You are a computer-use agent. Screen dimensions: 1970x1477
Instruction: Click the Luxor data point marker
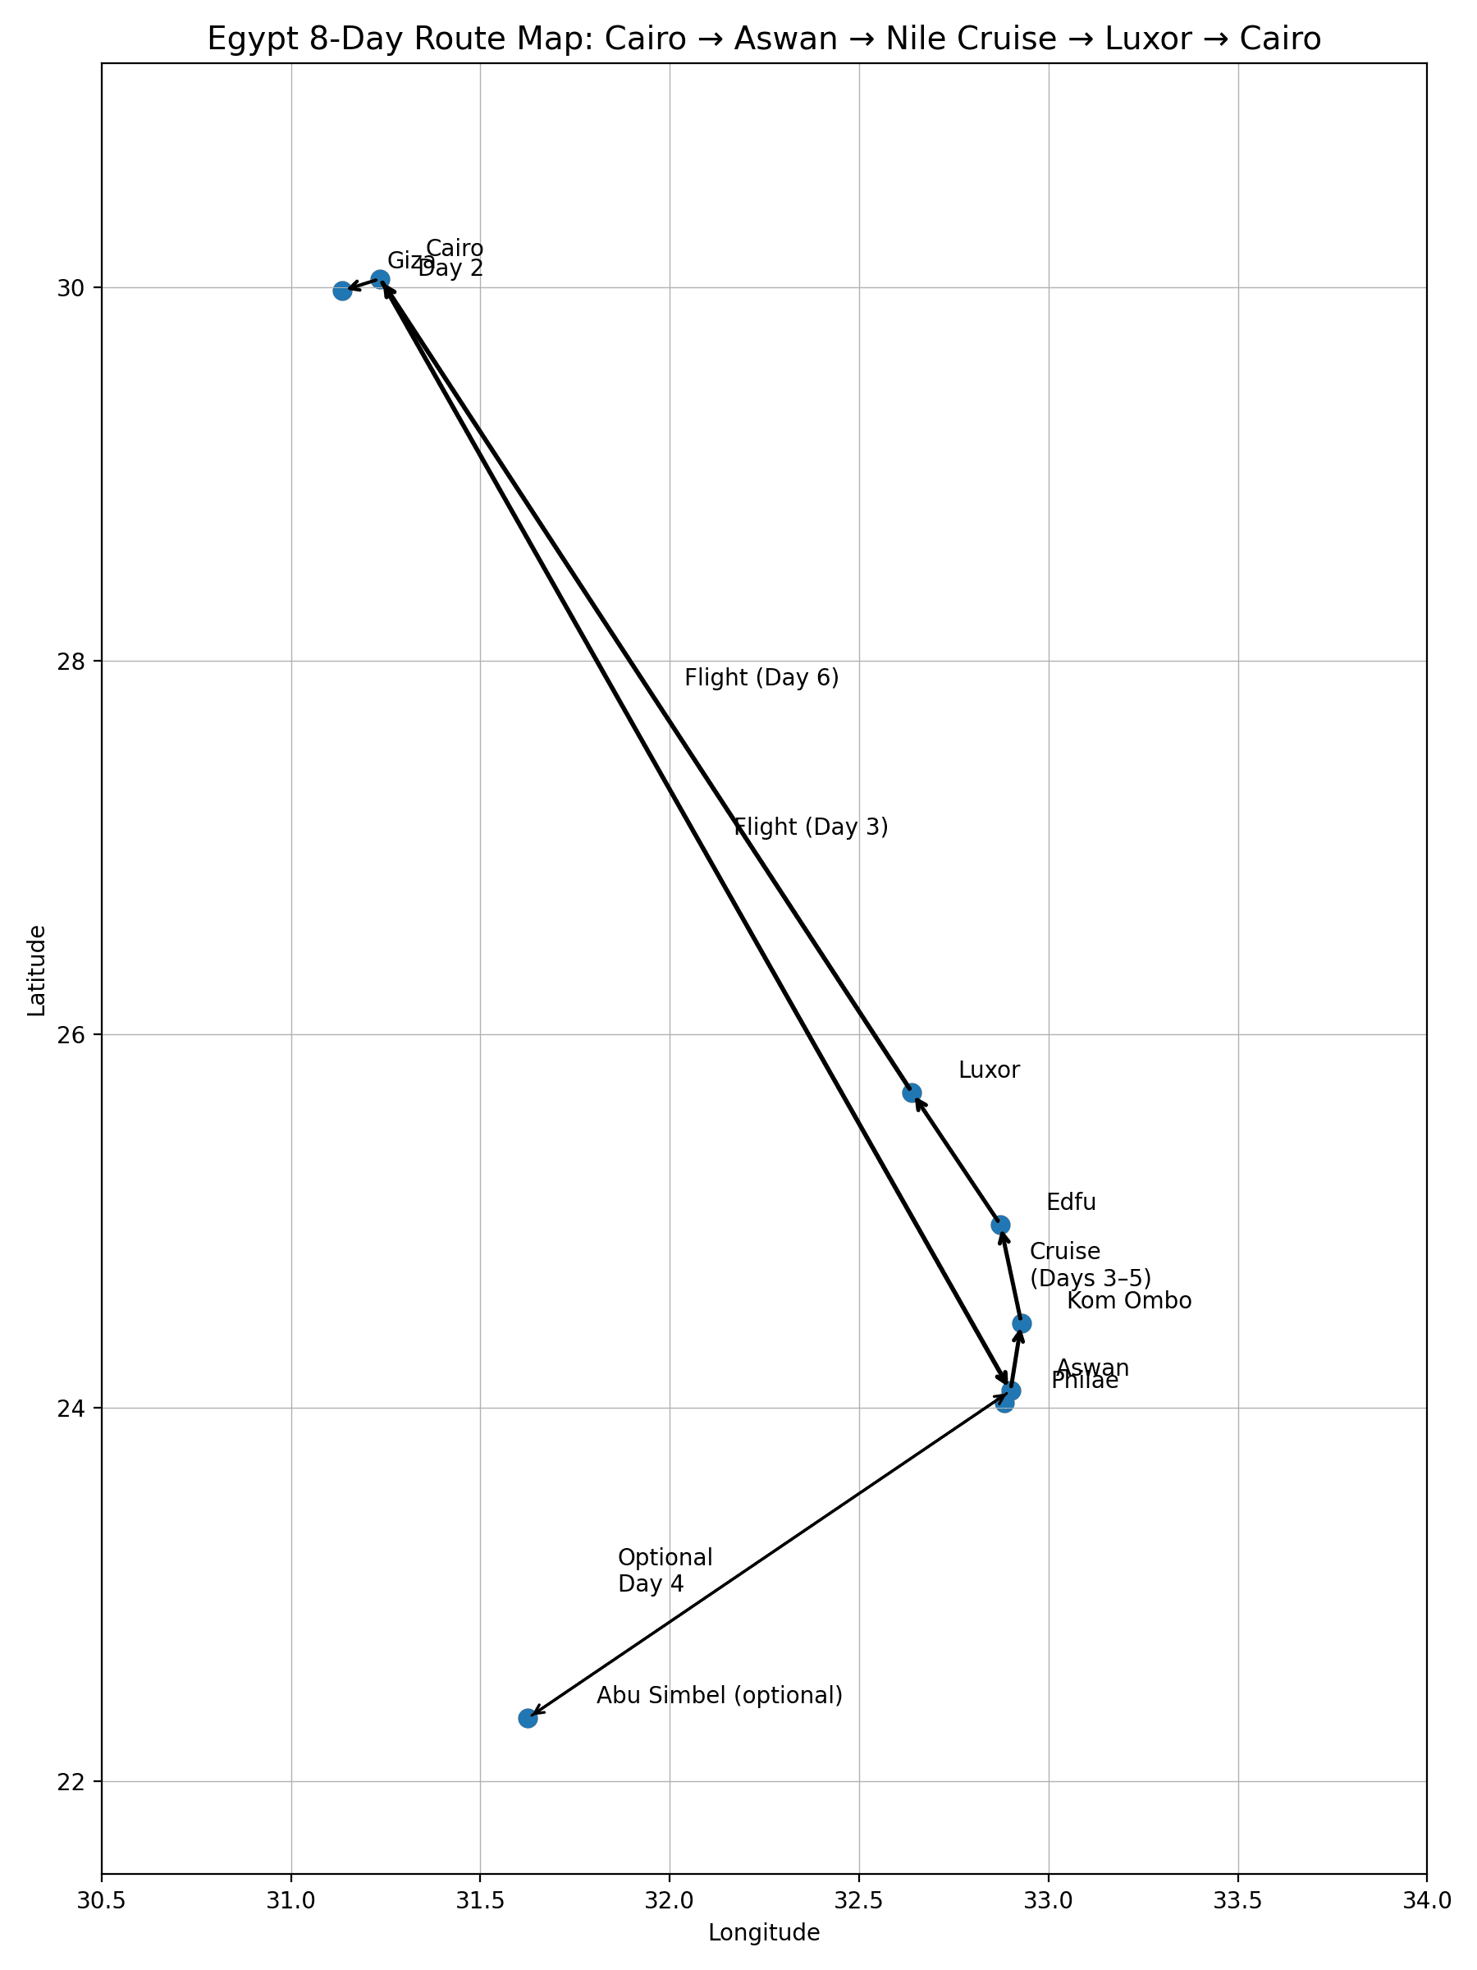(912, 1093)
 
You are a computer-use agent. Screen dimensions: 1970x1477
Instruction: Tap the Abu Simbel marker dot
(528, 1718)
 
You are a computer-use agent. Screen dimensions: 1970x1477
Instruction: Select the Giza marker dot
(342, 291)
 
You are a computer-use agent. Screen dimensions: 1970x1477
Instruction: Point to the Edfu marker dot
(1001, 1225)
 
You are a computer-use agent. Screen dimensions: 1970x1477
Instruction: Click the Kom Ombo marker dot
(1022, 1323)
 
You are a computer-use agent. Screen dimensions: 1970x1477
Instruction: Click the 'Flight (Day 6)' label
(761, 678)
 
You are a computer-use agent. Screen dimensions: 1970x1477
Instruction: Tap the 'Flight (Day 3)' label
(811, 827)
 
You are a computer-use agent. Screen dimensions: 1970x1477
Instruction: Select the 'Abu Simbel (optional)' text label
(720, 1696)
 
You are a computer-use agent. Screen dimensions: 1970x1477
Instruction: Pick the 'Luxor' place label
(989, 1070)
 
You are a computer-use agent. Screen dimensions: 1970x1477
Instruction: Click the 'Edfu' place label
(1071, 1203)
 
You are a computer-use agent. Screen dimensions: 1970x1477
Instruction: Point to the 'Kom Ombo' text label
(1129, 1301)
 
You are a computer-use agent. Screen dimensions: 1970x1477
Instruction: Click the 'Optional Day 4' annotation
(665, 1571)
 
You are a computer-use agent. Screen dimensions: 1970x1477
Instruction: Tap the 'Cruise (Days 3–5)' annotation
(1091, 1265)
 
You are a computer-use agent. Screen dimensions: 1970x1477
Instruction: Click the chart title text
(764, 39)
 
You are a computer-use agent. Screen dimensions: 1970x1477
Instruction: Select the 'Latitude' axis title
(36, 971)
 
